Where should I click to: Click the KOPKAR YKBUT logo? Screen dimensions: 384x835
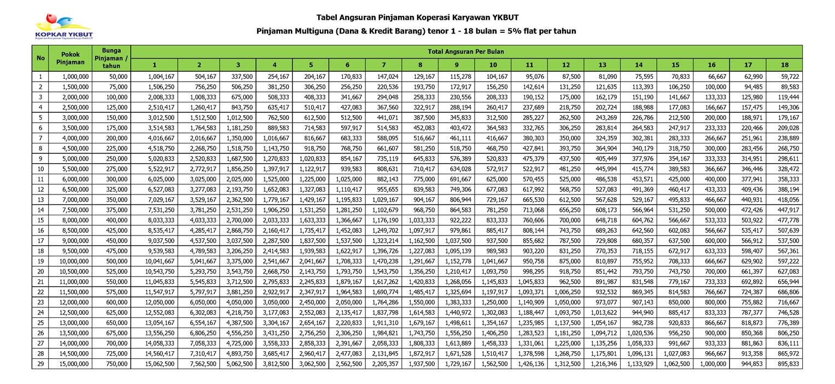pyautogui.click(x=63, y=26)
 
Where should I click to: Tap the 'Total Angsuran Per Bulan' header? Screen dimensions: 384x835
pyautogui.click(x=466, y=51)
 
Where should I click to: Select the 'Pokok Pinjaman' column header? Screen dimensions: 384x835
pyautogui.click(x=71, y=58)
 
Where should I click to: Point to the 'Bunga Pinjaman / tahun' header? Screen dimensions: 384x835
pyautogui.click(x=112, y=58)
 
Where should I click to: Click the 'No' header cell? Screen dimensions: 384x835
pyautogui.click(x=40, y=58)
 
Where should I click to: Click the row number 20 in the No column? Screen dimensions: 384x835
pyautogui.click(x=40, y=272)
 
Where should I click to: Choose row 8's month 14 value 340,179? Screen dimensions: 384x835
pyautogui.click(x=639, y=148)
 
